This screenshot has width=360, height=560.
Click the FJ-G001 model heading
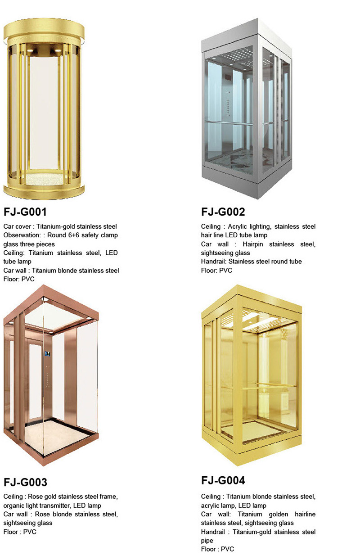pyautogui.click(x=25, y=212)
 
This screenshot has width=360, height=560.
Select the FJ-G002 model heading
pyautogui.click(x=223, y=212)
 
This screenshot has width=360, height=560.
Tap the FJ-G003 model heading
pyautogui.click(x=25, y=482)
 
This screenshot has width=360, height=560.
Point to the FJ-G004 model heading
pyautogui.click(x=223, y=480)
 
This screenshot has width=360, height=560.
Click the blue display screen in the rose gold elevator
pyautogui.click(x=47, y=354)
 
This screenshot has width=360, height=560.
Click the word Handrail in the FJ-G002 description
pyautogui.click(x=213, y=262)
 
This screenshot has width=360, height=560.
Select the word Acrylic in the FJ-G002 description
pyautogui.click(x=237, y=227)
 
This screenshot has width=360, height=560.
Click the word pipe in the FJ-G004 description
pyautogui.click(x=207, y=541)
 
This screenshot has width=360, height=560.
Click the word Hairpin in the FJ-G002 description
pyautogui.click(x=252, y=244)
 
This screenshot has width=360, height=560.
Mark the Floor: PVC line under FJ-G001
pyautogui.click(x=19, y=279)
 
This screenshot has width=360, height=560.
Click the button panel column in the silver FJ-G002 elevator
pyautogui.click(x=228, y=104)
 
